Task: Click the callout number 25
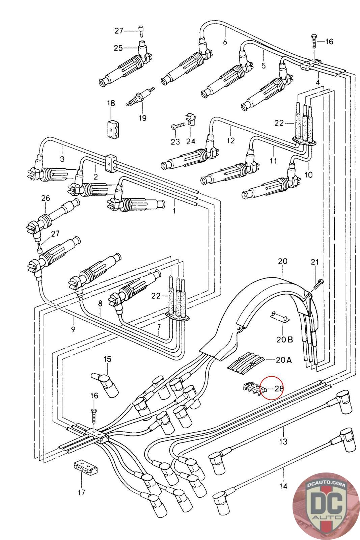click(118, 48)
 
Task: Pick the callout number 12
click(230, 140)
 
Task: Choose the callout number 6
click(225, 42)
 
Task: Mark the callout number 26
click(46, 198)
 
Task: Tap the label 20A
click(283, 360)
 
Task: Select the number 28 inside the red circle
click(279, 388)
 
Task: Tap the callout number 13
click(283, 441)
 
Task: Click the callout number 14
click(283, 486)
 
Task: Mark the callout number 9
click(73, 329)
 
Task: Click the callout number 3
click(62, 159)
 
